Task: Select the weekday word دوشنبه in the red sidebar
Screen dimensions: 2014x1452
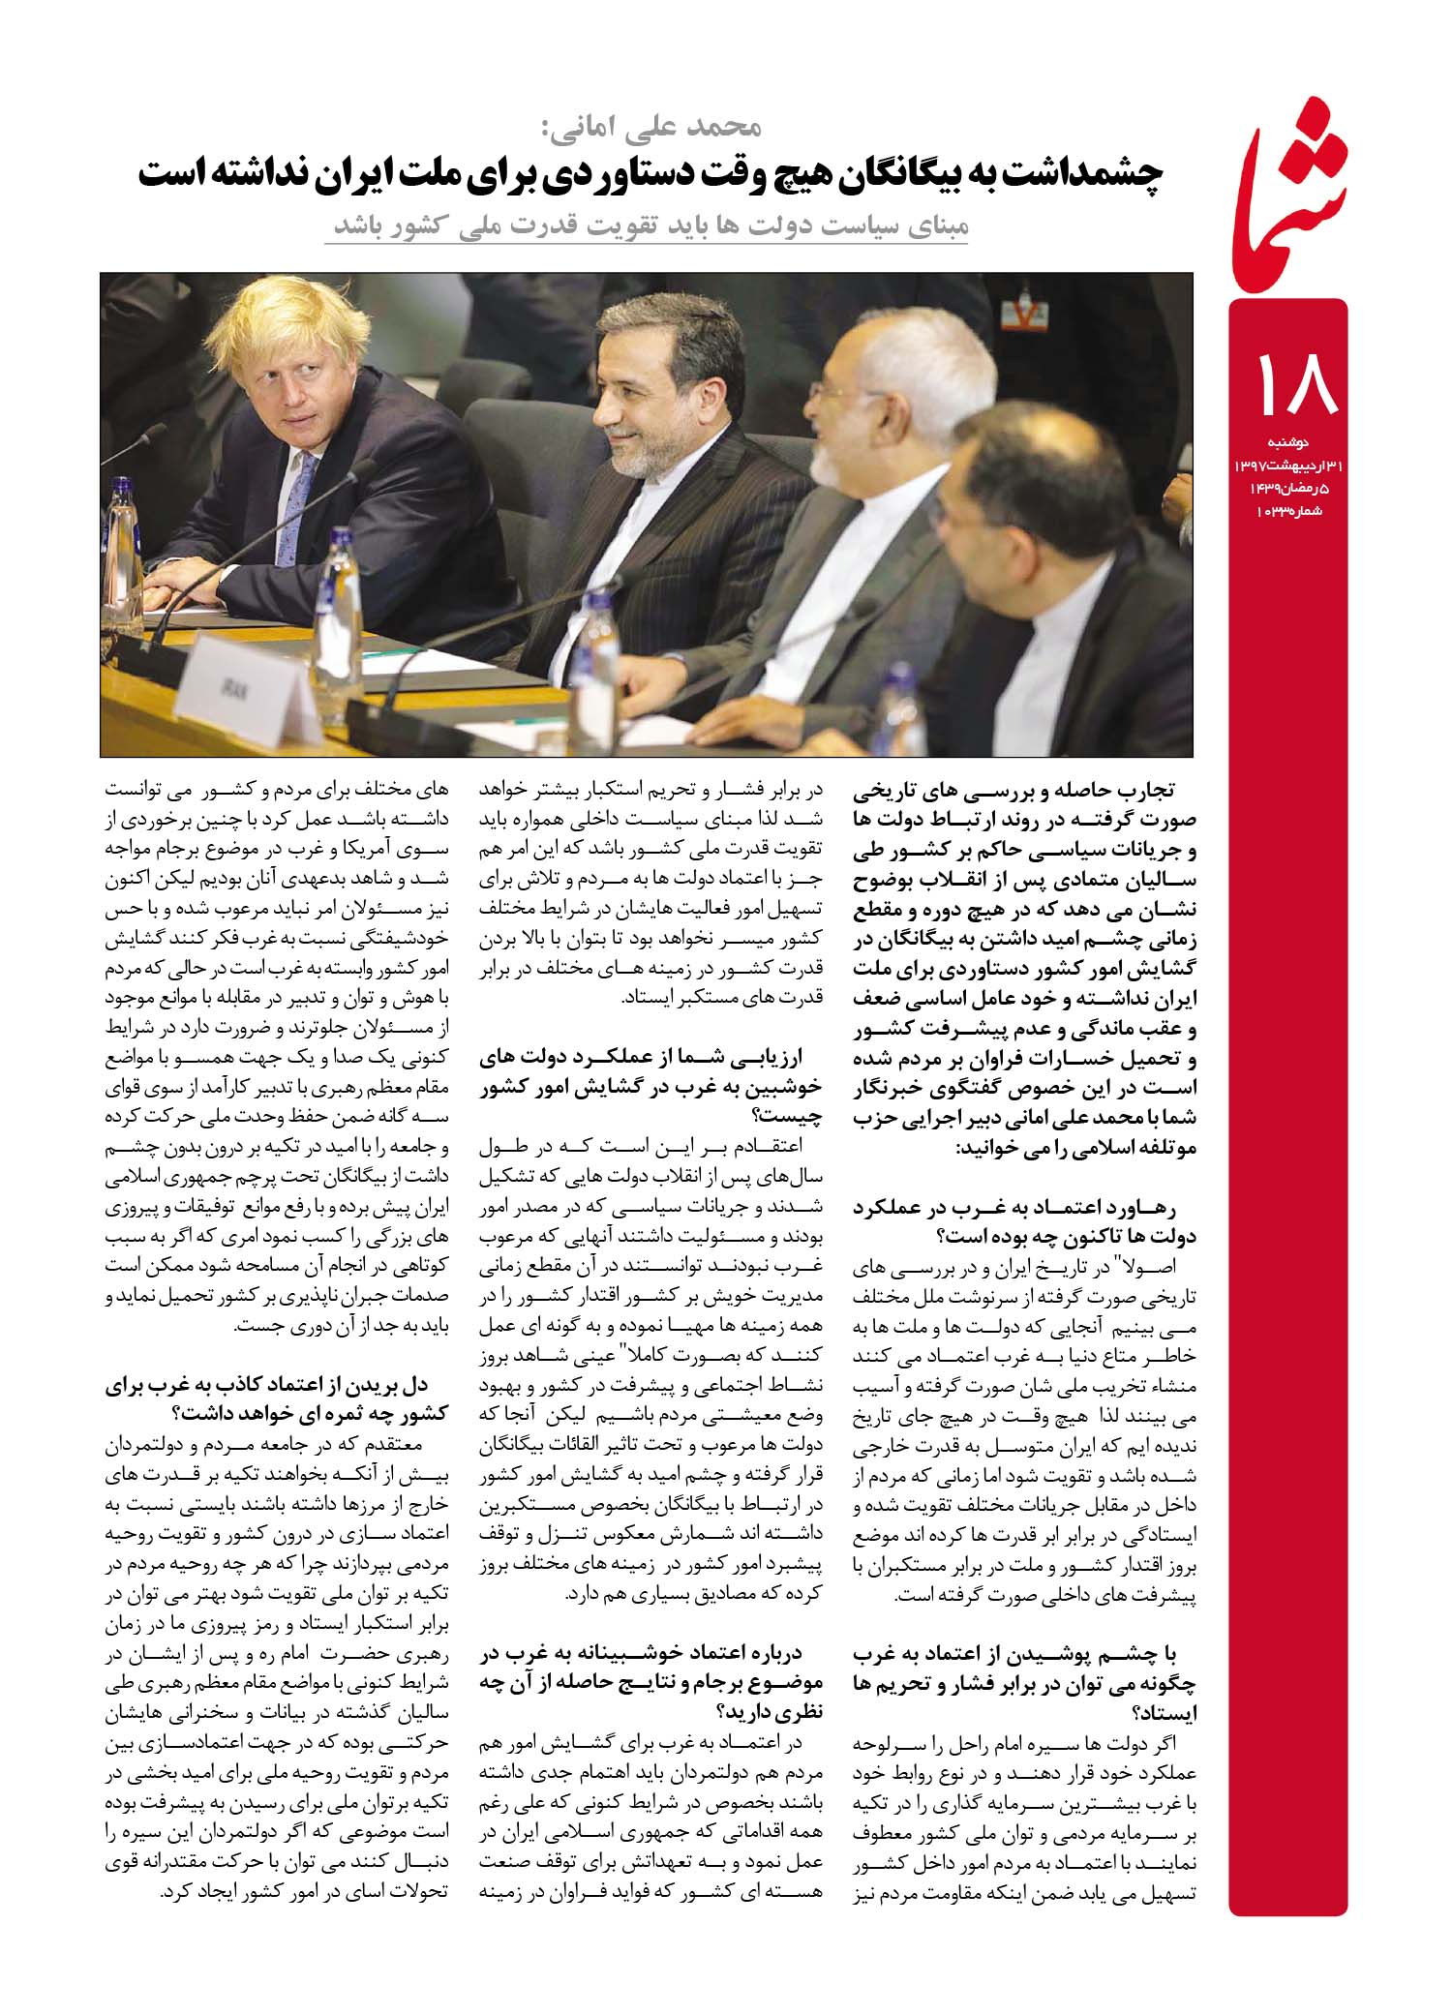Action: tap(1288, 443)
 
